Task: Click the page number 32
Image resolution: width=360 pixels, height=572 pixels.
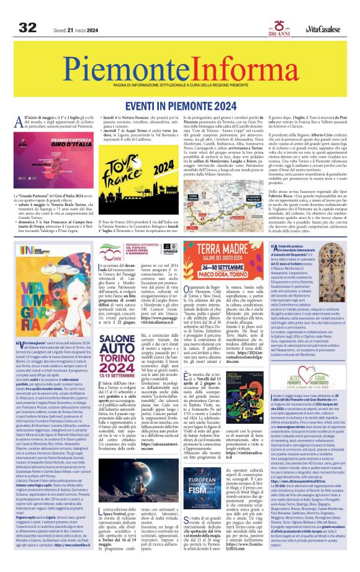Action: pyautogui.click(x=27, y=27)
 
